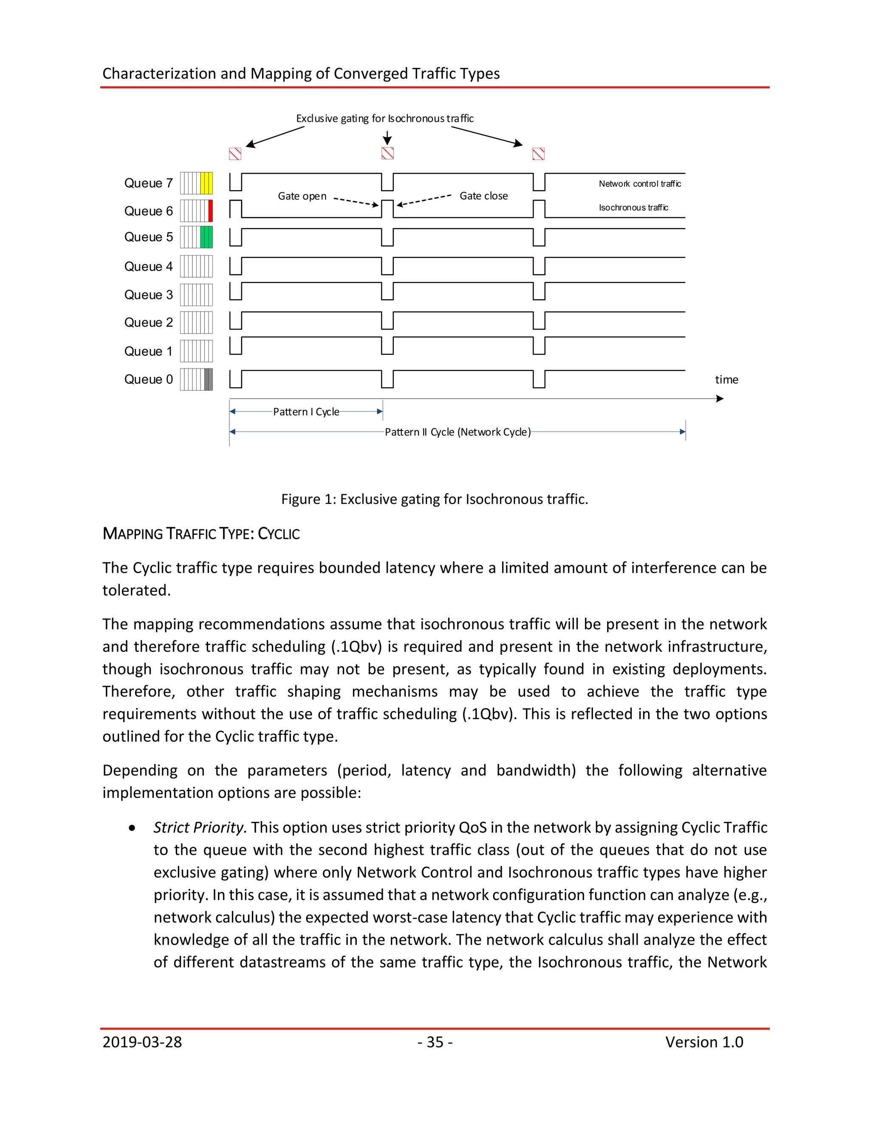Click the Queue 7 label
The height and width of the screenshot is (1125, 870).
point(148,183)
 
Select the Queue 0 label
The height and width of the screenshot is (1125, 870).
point(148,379)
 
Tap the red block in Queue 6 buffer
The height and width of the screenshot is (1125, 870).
point(210,211)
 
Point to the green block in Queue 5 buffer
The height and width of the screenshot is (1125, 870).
point(206,237)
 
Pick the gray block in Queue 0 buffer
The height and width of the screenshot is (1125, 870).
point(208,379)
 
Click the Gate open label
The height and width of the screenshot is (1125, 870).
point(302,196)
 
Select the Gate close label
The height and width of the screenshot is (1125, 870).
point(483,196)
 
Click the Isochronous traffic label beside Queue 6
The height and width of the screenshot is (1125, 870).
point(633,208)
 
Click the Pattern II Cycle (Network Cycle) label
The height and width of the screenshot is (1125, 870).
point(457,432)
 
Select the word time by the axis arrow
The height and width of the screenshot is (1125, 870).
point(726,380)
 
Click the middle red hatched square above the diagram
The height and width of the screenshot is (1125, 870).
point(387,153)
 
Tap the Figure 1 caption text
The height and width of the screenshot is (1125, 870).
point(434,499)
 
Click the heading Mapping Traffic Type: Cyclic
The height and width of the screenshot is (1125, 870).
point(201,533)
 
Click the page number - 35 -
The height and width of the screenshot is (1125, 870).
point(435,1042)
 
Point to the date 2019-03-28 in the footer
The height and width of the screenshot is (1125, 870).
point(142,1042)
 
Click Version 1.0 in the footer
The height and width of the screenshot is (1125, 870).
point(703,1042)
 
